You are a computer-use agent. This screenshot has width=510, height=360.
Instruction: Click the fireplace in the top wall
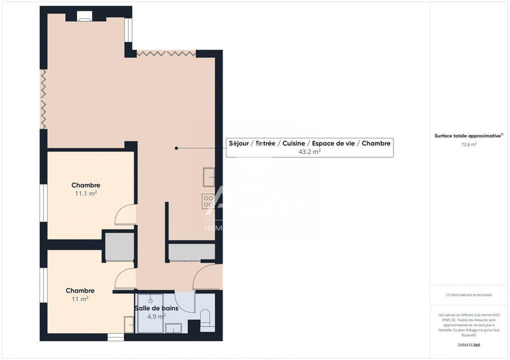85,17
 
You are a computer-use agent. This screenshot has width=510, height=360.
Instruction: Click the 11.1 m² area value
85,193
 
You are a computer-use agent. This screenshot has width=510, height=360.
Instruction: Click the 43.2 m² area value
309,152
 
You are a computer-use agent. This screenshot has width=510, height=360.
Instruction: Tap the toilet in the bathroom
205,317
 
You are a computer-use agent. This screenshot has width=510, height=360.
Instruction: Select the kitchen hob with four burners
208,201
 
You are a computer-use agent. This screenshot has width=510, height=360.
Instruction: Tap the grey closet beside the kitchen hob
191,252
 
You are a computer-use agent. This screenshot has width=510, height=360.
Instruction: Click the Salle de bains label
156,308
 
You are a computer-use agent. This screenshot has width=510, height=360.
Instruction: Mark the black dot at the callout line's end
177,148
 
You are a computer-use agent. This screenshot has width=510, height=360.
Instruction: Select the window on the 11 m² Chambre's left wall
43,284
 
